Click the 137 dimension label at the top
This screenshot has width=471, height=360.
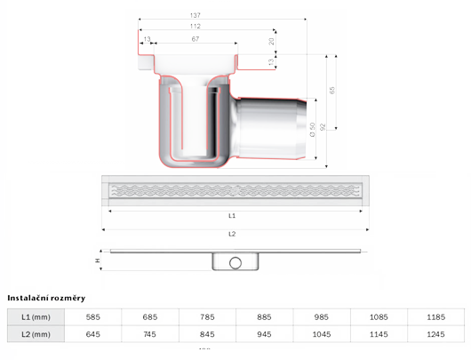coord(196,15)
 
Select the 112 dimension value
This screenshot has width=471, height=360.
coord(196,26)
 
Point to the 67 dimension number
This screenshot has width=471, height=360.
coord(196,39)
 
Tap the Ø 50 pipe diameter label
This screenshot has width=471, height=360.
coord(313,130)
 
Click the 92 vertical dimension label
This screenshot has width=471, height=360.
coord(323,127)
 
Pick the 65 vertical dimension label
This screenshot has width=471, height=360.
coord(332,90)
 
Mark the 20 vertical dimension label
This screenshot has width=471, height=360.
coord(271,41)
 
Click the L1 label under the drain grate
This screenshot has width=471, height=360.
coord(232,216)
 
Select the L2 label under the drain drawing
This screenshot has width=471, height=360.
coord(232,234)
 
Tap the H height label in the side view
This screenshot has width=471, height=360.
coord(98,260)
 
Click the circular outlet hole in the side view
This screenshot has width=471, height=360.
coord(235,262)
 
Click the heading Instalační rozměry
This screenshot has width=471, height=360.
coord(46,298)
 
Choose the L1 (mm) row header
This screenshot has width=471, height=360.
coord(36,317)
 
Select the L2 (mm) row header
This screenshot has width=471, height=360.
coord(36,334)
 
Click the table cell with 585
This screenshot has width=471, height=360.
coord(92,317)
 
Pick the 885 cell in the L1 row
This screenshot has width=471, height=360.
coord(264,317)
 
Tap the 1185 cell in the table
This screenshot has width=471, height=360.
coord(435,317)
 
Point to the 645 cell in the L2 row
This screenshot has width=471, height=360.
coord(92,334)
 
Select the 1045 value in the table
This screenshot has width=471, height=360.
coord(322,334)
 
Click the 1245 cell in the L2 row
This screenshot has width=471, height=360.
coord(435,334)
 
